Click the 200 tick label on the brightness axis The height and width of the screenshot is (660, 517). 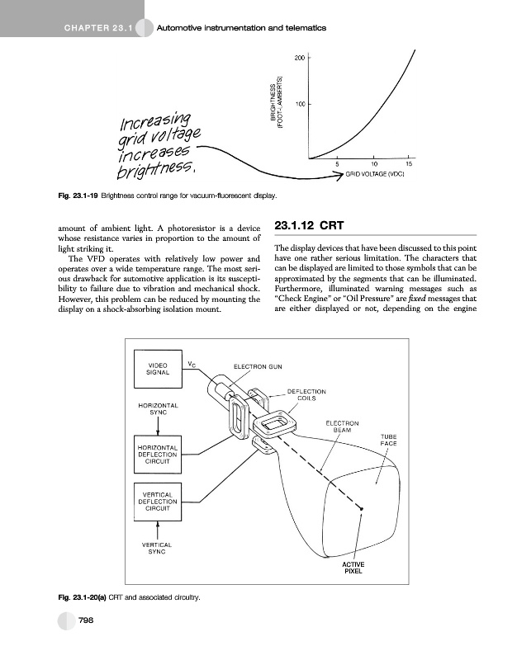(298, 58)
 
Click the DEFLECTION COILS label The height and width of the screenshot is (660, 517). (306, 394)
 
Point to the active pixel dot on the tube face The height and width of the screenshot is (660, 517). (362, 511)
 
